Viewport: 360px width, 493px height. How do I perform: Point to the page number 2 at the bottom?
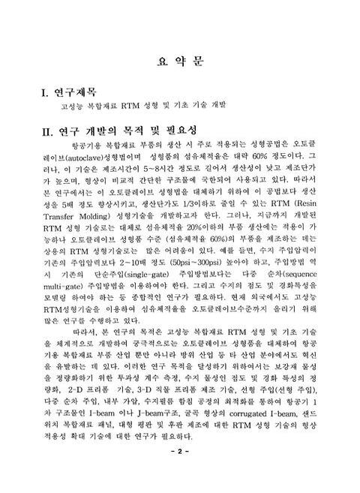[x=179, y=471]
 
